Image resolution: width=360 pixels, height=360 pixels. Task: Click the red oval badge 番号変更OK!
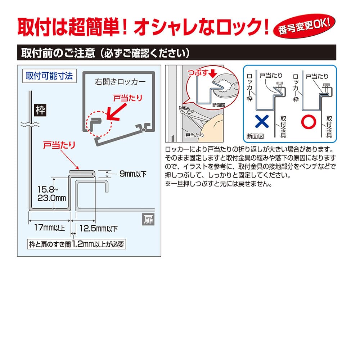pyautogui.click(x=304, y=26)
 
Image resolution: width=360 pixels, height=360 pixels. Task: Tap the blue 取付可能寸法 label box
pyautogui.click(x=49, y=76)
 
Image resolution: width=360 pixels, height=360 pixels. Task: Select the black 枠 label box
pyautogui.click(x=40, y=110)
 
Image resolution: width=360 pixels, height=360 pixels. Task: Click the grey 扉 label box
pyautogui.click(x=148, y=220)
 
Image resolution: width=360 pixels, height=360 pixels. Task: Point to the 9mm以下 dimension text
pyautogui.click(x=133, y=174)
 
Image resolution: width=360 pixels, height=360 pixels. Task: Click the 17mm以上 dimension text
pyautogui.click(x=49, y=228)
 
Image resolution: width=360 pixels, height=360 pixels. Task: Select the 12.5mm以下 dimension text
pyautogui.click(x=99, y=229)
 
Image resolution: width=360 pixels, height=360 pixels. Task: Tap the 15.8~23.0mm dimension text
pyautogui.click(x=51, y=194)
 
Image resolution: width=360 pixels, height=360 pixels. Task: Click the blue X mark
pyautogui.click(x=262, y=121)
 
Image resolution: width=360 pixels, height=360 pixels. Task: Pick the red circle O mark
pyautogui.click(x=309, y=122)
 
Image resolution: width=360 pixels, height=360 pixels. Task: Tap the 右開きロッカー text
pyautogui.click(x=120, y=82)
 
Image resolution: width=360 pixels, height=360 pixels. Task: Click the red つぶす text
pyautogui.click(x=198, y=73)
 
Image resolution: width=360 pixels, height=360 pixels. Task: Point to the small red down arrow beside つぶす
pyautogui.click(x=213, y=73)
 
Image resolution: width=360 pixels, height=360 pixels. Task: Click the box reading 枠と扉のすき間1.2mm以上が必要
pyautogui.click(x=76, y=244)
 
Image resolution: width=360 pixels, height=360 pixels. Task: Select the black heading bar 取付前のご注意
pyautogui.click(x=176, y=53)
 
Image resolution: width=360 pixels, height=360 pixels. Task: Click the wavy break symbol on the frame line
pyautogui.click(x=30, y=125)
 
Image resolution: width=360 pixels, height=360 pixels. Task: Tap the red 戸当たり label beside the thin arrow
pyautogui.click(x=59, y=145)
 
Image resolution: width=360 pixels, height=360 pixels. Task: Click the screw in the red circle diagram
pyautogui.click(x=326, y=88)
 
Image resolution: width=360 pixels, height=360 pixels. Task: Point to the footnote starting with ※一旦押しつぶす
pyautogui.click(x=219, y=184)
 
